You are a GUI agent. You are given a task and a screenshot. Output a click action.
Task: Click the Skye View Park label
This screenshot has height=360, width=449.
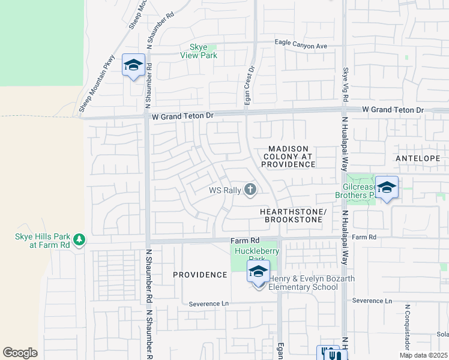pos(199,51)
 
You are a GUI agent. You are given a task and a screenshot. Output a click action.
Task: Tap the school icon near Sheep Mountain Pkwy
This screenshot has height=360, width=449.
pos(133,65)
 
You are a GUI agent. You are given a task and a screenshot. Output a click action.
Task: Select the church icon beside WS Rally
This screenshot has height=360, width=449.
pos(250,190)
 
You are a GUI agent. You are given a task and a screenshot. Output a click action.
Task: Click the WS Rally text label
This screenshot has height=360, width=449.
pos(224,190)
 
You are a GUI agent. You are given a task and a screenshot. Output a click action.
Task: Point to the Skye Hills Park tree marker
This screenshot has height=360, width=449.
pos(79,241)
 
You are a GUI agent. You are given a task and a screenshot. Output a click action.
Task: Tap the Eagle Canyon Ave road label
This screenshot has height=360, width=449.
pos(301,45)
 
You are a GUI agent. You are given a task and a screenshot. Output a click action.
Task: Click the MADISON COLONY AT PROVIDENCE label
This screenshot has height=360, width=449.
pos(289,156)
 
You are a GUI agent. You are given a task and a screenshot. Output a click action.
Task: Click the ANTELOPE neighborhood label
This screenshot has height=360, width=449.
pos(418,158)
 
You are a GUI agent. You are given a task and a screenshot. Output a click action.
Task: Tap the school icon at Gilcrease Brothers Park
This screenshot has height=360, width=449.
pos(387,188)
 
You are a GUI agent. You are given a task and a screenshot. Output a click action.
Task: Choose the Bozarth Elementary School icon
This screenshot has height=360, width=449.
pos(258,272)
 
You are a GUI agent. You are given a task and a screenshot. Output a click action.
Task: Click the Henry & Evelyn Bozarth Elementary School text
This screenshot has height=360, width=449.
pos(312,283)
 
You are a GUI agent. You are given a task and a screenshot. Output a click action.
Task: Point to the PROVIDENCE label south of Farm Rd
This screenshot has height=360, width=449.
pos(200,275)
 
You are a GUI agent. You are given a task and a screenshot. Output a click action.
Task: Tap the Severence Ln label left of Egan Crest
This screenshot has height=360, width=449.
pos(209,304)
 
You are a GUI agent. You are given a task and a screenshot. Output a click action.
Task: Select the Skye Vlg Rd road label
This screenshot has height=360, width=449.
pos(346,84)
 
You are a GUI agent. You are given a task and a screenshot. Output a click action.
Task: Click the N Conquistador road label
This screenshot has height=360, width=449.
pos(406,328)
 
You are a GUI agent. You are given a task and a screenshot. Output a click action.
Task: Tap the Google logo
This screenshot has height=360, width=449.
pos(20,353)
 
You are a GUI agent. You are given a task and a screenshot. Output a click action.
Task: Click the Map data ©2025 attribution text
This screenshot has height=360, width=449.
pos(424,355)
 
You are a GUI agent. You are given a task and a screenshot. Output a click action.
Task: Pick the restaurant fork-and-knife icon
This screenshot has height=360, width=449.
pos(329,353)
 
